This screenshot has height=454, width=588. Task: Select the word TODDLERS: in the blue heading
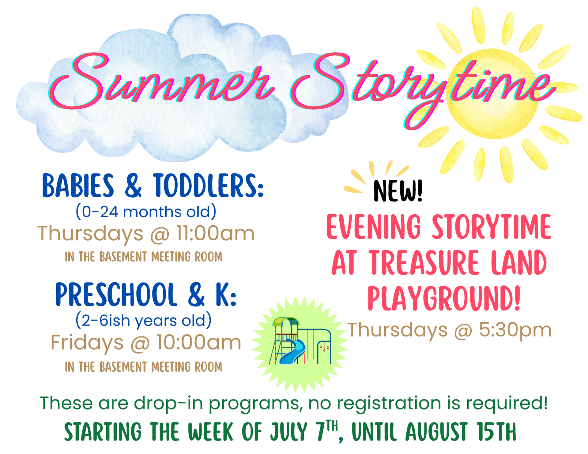point(208,186)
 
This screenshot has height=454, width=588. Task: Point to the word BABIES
point(78,186)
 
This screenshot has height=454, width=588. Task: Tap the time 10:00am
point(199,342)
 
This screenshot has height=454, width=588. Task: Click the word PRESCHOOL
point(116,295)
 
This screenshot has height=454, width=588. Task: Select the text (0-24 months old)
point(146,212)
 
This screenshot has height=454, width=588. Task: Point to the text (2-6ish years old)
point(143,321)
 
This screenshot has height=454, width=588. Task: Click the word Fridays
point(87,342)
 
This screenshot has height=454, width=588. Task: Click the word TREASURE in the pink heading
point(424,263)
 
